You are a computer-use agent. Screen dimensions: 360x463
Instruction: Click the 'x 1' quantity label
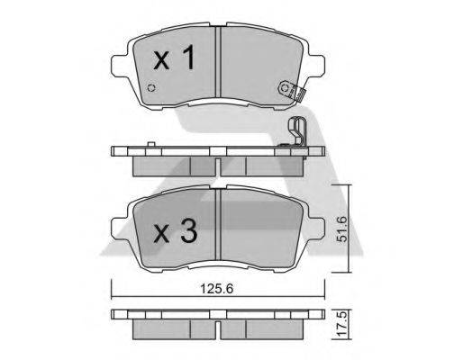(x=173, y=61)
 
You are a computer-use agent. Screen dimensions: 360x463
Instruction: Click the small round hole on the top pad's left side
(x=151, y=89)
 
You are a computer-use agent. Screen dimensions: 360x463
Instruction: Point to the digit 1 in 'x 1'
(x=189, y=60)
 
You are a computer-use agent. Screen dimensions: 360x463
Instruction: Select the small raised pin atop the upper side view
(x=144, y=145)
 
